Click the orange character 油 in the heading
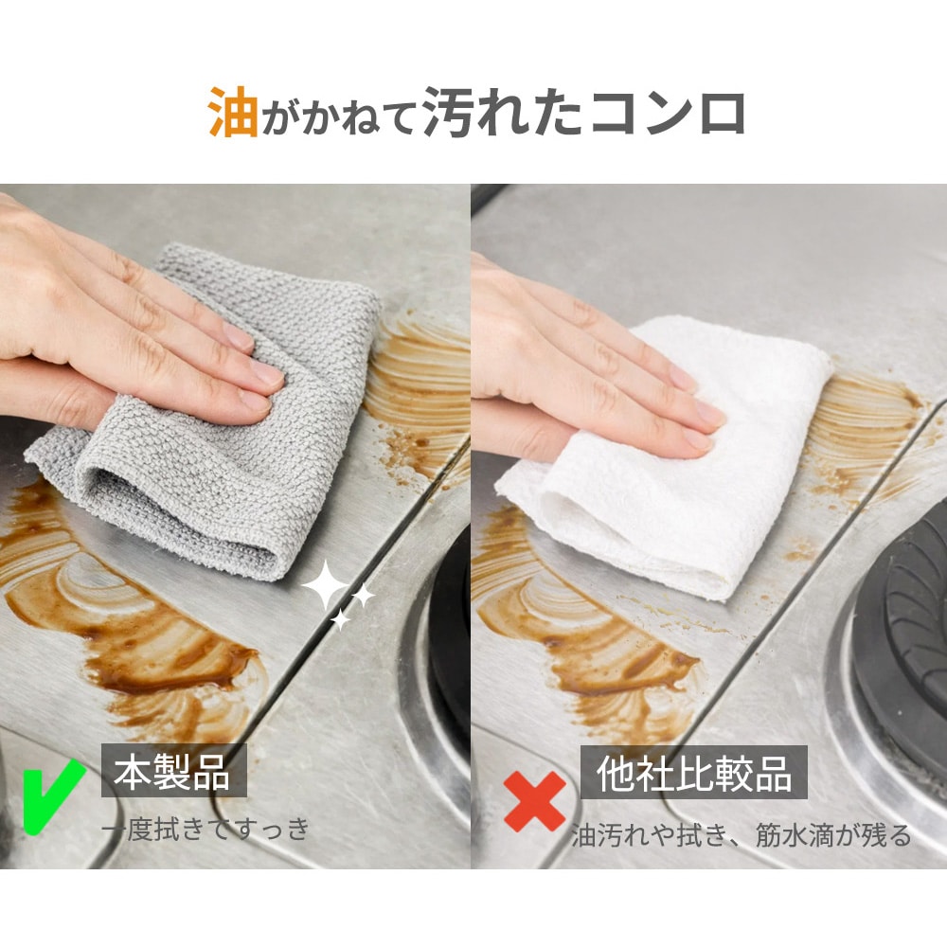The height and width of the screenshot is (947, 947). pos(233,112)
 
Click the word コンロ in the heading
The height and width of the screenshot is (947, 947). pos(668,113)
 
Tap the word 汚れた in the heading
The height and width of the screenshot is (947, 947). pos(503,112)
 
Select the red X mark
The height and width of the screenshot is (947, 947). pos(534,801)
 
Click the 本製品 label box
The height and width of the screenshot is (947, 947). pos(174,771)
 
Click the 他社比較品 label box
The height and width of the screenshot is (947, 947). pos(694,772)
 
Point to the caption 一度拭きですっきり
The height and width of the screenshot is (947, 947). pos(205,829)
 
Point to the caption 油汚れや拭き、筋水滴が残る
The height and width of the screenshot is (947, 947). pos(742,835)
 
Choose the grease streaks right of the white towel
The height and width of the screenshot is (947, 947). pos(869,422)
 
